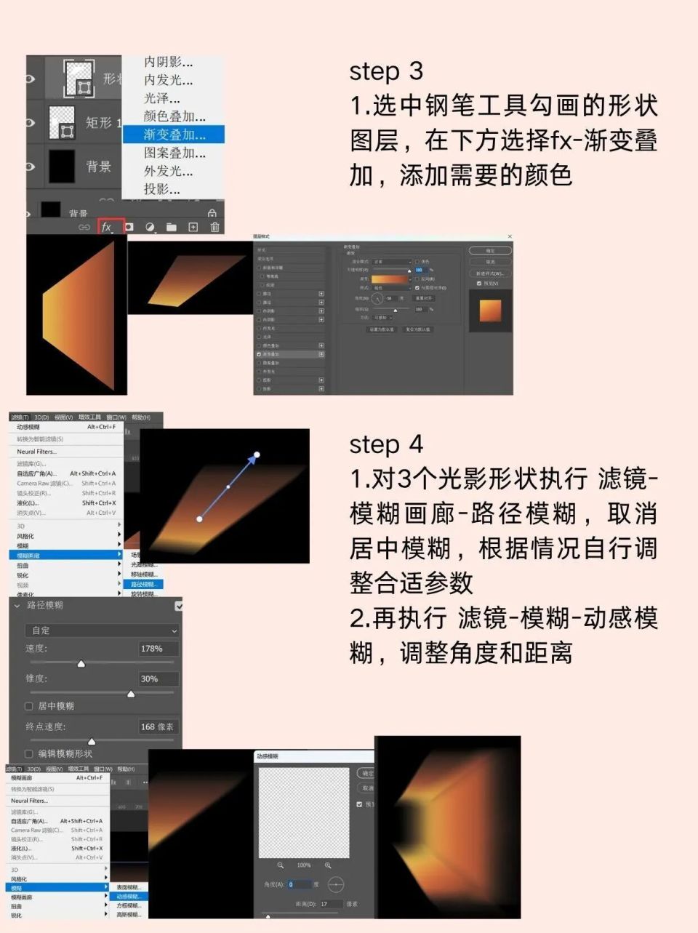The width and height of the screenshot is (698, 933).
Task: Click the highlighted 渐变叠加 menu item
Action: point(174,135)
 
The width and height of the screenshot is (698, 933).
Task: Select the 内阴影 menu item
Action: point(168,62)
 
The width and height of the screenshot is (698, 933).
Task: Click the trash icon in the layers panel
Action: point(214,227)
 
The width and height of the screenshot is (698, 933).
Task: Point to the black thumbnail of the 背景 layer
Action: point(62,166)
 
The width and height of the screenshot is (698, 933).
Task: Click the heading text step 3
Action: point(385,71)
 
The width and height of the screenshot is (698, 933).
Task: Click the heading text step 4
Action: point(385,444)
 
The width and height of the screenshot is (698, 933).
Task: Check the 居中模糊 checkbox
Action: point(29,706)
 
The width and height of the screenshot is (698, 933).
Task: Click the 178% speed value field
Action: point(158,649)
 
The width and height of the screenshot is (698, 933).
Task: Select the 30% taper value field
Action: point(158,679)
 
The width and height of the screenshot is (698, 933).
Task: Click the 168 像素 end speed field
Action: point(158,726)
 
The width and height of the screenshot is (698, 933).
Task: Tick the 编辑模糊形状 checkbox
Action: point(29,754)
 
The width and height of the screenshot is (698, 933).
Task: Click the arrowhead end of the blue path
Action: point(257,455)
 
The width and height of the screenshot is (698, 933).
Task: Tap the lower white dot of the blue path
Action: point(199,518)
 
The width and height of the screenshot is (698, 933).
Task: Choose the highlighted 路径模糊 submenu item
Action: point(145,584)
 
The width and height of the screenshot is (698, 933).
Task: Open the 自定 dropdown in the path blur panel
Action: point(102,630)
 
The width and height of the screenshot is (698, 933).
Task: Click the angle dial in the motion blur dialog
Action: point(335,884)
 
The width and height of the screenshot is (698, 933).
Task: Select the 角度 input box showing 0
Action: point(299,884)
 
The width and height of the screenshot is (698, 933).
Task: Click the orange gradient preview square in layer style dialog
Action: point(491,310)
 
